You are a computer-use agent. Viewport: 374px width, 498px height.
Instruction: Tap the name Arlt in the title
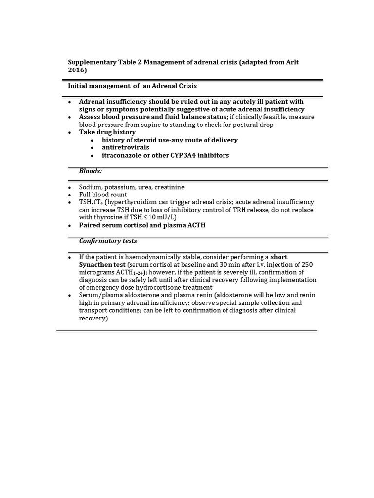click(297, 62)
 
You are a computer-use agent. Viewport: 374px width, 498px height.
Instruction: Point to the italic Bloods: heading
click(90, 171)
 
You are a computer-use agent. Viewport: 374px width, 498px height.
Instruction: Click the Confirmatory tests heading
click(108, 241)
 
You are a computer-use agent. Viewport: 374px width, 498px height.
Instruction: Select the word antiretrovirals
click(125, 147)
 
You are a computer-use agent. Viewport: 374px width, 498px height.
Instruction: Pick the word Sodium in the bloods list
click(90, 187)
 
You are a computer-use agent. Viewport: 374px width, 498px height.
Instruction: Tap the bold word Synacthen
click(95, 264)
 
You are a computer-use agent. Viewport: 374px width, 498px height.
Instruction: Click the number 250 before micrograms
click(307, 264)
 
